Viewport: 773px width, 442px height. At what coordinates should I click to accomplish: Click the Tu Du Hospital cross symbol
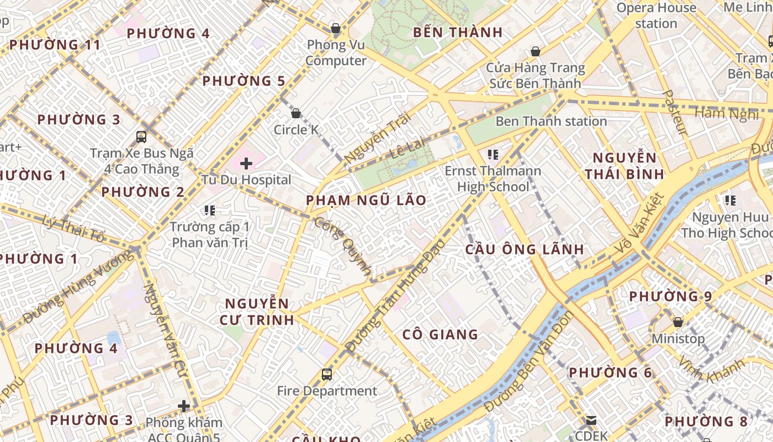click(x=246, y=164)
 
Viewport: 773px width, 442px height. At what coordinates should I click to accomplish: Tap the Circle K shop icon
click(x=296, y=113)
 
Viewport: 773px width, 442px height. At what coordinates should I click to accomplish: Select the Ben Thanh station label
click(x=550, y=121)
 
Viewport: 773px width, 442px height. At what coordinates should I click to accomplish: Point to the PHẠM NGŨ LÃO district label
click(x=366, y=200)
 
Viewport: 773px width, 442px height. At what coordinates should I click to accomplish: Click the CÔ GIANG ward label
click(x=440, y=334)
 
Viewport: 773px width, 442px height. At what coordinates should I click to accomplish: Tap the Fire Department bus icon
click(x=327, y=375)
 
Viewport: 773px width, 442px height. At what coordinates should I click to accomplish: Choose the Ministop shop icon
click(x=678, y=322)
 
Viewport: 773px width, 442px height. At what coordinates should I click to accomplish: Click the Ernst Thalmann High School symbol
click(x=493, y=155)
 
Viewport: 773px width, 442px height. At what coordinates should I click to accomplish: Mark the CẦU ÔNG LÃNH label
click(x=525, y=249)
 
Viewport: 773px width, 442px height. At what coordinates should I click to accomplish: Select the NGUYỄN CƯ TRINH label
click(x=257, y=312)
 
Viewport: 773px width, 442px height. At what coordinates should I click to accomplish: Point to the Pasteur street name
click(x=675, y=113)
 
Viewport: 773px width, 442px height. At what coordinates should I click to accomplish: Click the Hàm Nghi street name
click(x=726, y=114)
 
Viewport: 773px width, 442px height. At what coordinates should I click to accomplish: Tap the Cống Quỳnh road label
click(x=342, y=246)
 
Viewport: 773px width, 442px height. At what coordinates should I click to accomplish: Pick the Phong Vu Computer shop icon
click(x=335, y=28)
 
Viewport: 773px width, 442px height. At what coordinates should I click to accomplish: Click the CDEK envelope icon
click(x=591, y=420)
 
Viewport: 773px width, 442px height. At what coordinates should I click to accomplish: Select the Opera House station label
click(x=656, y=15)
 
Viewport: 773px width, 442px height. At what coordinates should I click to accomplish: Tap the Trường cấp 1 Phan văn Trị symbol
click(x=210, y=210)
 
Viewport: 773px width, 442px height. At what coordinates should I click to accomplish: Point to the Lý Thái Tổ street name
click(x=73, y=229)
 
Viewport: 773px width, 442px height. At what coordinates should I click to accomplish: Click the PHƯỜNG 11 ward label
click(x=55, y=45)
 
